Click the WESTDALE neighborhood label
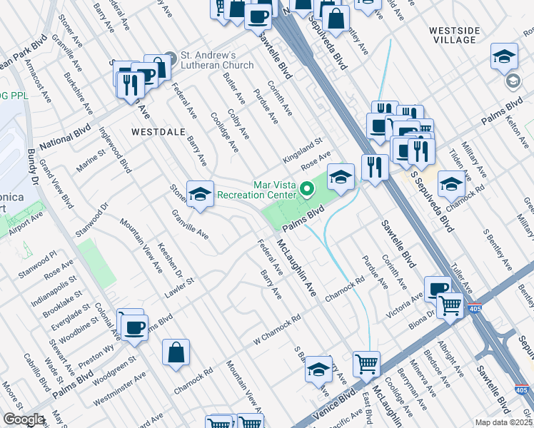coord(158,132)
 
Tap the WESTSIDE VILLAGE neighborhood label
coord(462,35)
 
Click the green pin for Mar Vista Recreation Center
coord(308,189)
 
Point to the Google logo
coord(24,419)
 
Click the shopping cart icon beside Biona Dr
coord(450,306)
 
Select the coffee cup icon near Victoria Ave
coord(437,287)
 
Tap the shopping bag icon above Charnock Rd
coord(176,352)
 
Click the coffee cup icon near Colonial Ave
coord(133,327)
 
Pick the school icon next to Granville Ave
coord(200,193)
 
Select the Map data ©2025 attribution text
coord(503,422)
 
